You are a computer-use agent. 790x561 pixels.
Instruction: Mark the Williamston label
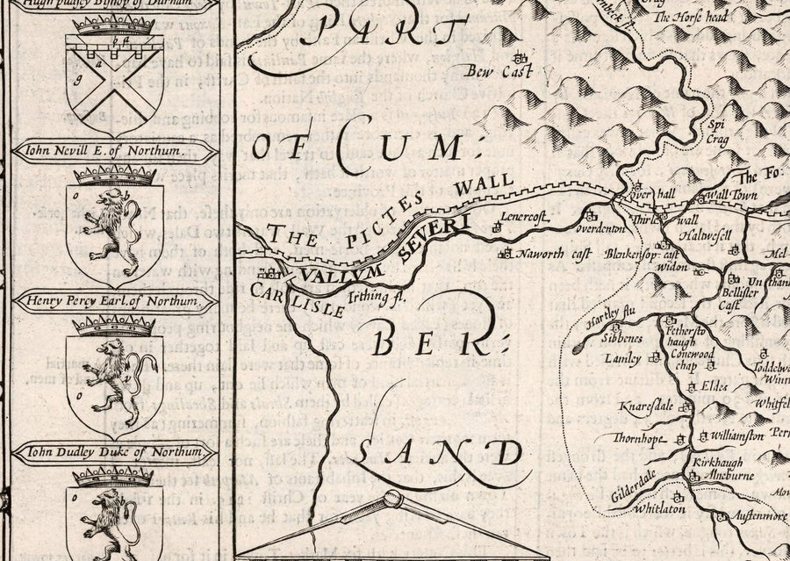[742, 434]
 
